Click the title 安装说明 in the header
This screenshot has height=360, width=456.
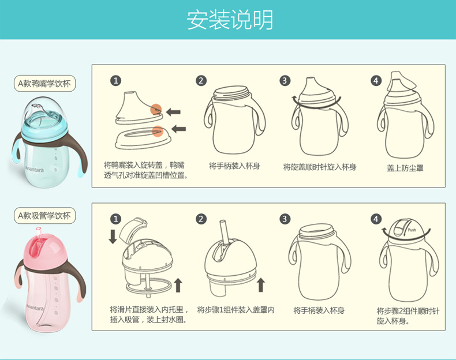tap(229, 20)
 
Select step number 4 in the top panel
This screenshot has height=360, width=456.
tap(376, 81)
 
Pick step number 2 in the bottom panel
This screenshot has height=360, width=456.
tap(201, 219)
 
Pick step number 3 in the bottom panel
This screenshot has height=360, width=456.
tap(285, 219)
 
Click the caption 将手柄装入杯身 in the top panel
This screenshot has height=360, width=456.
tap(234, 166)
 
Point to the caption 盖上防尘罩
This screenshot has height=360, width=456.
tap(405, 168)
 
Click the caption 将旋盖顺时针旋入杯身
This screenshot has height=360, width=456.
tap(319, 167)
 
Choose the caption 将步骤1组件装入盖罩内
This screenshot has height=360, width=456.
tap(236, 310)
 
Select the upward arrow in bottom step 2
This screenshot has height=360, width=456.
tap(261, 284)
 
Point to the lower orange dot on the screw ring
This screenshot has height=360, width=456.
tap(156, 131)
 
